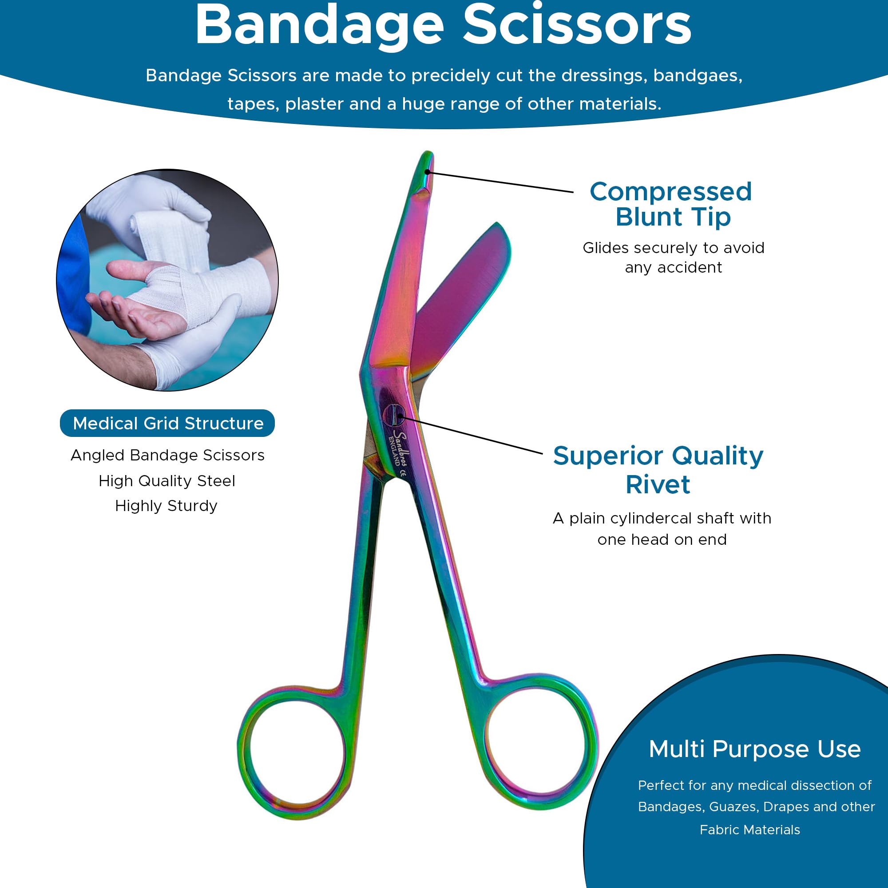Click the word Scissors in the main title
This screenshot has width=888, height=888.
pyautogui.click(x=576, y=25)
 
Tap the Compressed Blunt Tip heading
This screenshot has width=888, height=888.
pyautogui.click(x=671, y=204)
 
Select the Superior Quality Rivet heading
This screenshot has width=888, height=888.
pyautogui.click(x=658, y=470)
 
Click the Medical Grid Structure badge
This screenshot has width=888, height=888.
pyautogui.click(x=167, y=423)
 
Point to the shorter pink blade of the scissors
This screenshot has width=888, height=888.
pyautogui.click(x=460, y=299)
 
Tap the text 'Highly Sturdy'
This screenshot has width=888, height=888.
pyautogui.click(x=166, y=506)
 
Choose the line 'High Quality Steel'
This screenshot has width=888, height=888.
pyautogui.click(x=167, y=481)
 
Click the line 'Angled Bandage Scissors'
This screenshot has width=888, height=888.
pyautogui.click(x=167, y=455)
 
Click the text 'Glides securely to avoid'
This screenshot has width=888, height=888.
pyautogui.click(x=674, y=248)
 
